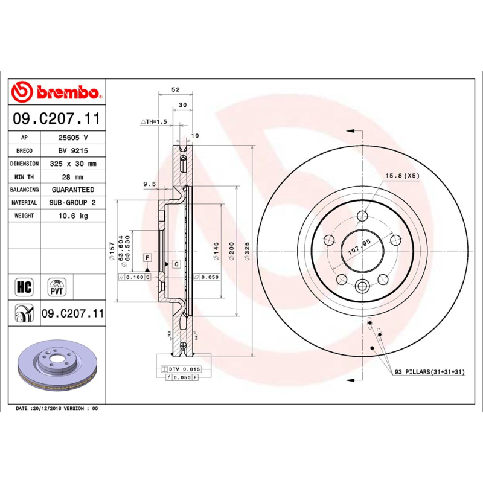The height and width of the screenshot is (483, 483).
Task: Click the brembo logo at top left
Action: [56, 92]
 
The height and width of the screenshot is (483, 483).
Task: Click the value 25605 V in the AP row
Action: [73, 138]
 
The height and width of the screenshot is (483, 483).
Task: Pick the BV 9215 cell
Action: [73, 150]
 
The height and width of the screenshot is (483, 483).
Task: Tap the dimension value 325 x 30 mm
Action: [73, 164]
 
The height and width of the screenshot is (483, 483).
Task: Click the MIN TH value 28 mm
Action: [73, 177]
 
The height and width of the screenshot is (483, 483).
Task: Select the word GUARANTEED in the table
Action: [73, 190]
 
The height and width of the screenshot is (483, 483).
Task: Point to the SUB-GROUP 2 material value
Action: [73, 203]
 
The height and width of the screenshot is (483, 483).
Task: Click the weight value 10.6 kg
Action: [73, 216]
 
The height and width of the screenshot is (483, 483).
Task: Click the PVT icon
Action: [56, 286]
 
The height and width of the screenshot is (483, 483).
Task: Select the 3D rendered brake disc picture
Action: [56, 369]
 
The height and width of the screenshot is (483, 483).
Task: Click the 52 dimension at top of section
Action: [176, 89]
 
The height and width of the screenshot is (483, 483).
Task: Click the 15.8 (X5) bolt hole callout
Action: [402, 176]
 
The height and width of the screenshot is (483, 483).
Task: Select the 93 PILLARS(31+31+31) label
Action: [429, 371]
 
